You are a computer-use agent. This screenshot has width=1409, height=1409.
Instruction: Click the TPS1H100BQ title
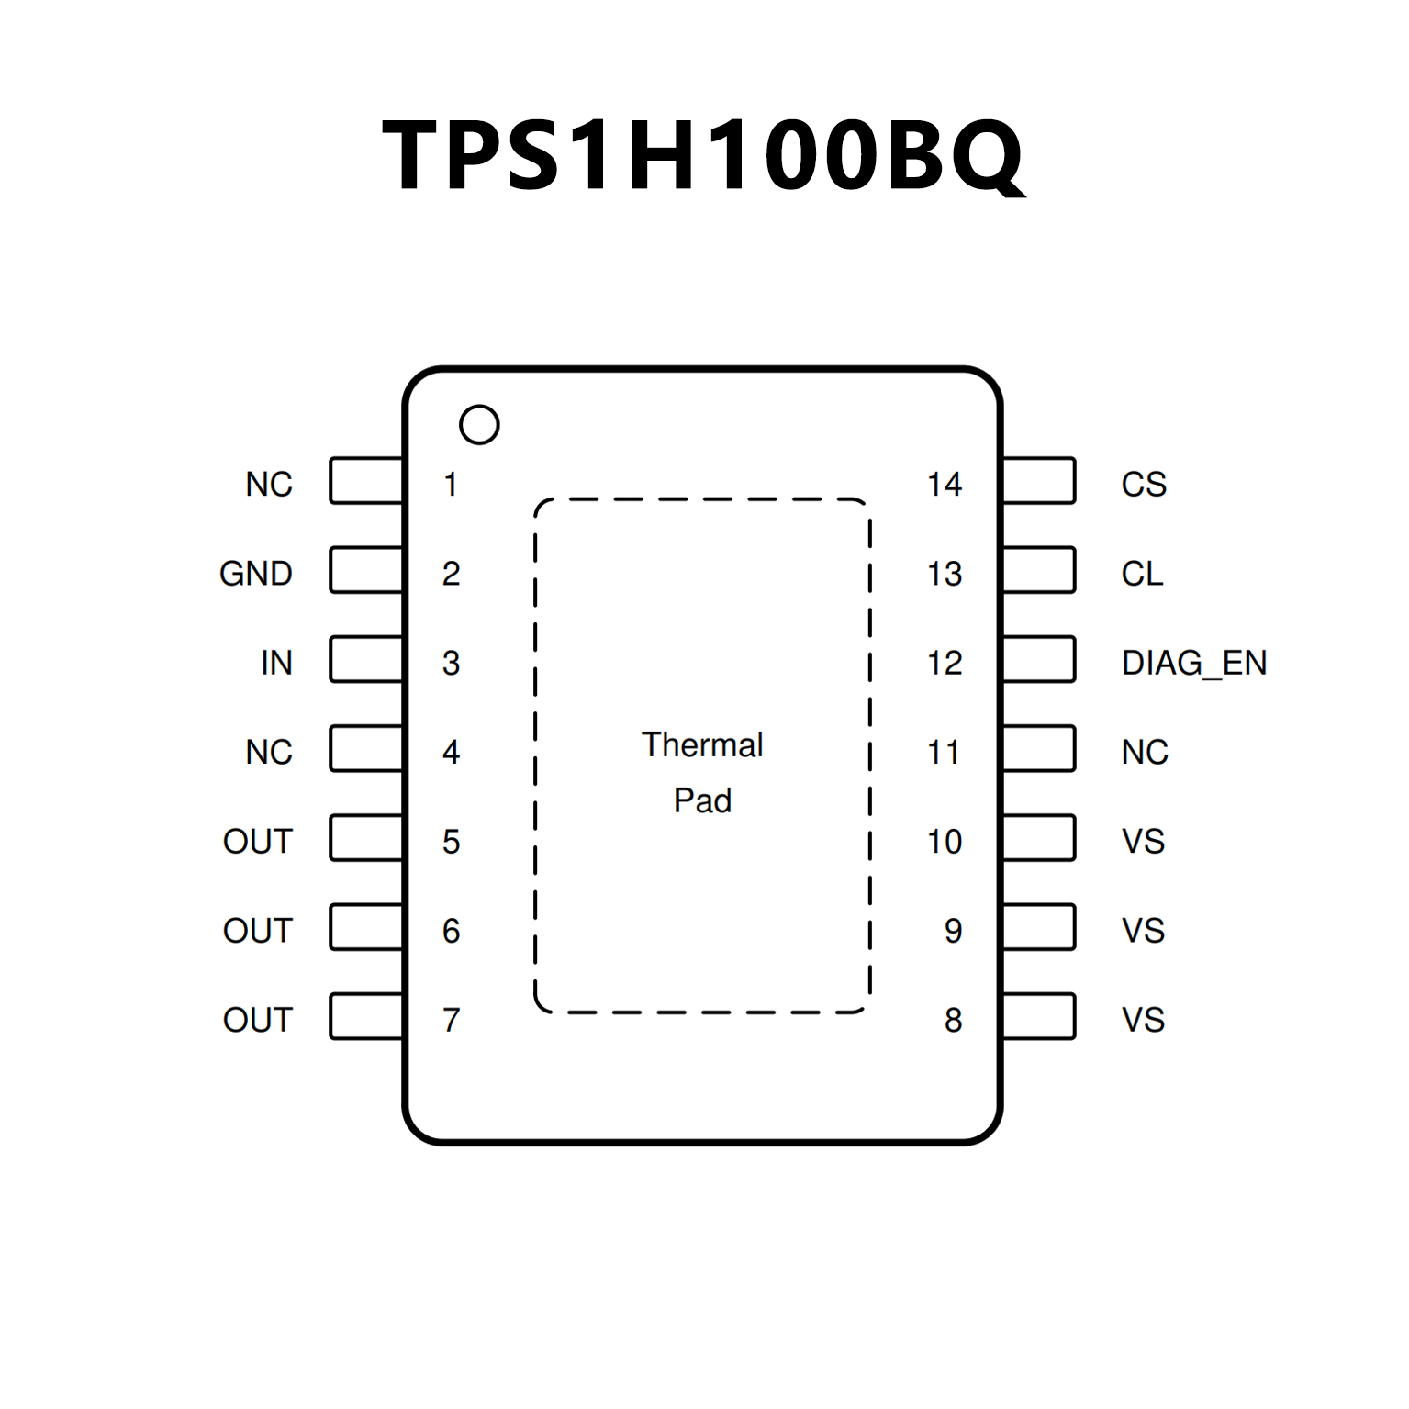tap(703, 156)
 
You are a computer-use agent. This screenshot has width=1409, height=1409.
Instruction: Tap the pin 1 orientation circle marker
tap(478, 425)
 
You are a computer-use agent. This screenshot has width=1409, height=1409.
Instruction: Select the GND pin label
tap(255, 574)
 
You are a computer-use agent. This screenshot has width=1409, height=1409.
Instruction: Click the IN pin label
tap(276, 663)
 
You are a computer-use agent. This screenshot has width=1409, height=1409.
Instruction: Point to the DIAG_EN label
tap(1193, 663)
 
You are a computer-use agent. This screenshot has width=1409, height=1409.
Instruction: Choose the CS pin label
tap(1143, 485)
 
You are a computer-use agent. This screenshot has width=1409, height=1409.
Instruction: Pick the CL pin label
tap(1142, 574)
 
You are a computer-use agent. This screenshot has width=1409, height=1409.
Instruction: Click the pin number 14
tap(944, 485)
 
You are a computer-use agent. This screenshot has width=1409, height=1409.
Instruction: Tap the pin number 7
tap(451, 1020)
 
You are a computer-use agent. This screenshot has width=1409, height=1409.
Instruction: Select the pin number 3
tap(451, 663)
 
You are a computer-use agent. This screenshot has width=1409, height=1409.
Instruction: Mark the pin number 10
tap(944, 842)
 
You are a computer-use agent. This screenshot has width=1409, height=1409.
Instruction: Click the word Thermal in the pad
tap(702, 744)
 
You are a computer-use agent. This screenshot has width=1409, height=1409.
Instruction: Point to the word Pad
tap(702, 800)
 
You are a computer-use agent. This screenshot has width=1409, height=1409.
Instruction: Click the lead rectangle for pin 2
tap(366, 570)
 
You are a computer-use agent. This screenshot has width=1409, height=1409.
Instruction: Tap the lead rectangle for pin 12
tap(1039, 659)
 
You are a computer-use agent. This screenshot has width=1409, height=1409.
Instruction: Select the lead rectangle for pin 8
tap(1039, 1016)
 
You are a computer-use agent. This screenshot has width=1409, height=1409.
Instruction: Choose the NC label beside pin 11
tap(1145, 753)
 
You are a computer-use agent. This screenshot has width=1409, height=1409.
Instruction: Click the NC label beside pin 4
tap(269, 753)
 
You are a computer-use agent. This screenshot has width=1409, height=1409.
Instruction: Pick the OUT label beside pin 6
tap(257, 931)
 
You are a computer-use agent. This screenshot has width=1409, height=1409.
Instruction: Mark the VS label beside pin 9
tap(1143, 931)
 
